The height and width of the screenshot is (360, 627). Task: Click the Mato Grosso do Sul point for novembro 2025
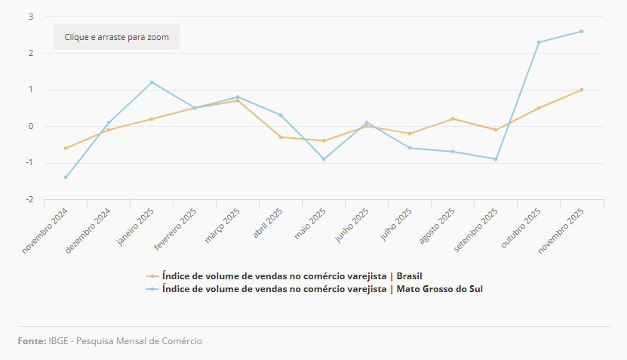pyautogui.click(x=582, y=31)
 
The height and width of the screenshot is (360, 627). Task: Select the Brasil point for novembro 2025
pyautogui.click(x=582, y=90)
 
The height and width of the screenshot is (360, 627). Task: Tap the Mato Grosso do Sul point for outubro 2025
pyautogui.click(x=539, y=42)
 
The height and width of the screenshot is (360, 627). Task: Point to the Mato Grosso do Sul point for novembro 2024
pyautogui.click(x=66, y=177)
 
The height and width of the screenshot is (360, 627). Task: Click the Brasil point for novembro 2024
pyautogui.click(x=66, y=148)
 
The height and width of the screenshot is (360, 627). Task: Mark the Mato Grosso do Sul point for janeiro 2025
pyautogui.click(x=152, y=82)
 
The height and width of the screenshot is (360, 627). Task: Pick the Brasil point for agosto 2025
pyautogui.click(x=453, y=118)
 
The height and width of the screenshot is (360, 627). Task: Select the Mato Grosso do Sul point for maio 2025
pyautogui.click(x=324, y=159)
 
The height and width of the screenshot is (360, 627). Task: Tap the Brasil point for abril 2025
pyautogui.click(x=281, y=137)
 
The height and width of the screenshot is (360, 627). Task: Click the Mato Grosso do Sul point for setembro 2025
pyautogui.click(x=496, y=159)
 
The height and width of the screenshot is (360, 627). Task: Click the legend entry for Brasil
pyautogui.click(x=302, y=275)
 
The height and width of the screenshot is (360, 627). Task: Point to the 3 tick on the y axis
pyautogui.click(x=30, y=17)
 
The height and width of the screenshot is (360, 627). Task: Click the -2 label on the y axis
pyautogui.click(x=29, y=200)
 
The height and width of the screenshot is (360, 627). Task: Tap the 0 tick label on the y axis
pyautogui.click(x=30, y=127)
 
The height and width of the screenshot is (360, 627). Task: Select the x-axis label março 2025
pyautogui.click(x=224, y=226)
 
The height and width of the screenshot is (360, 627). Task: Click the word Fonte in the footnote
pyautogui.click(x=32, y=341)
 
